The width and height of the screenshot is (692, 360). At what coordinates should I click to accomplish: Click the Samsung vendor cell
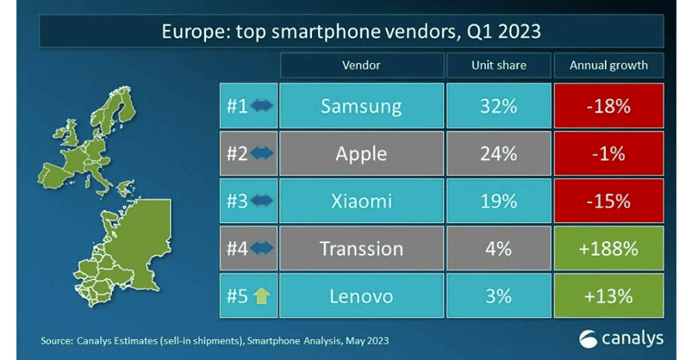tap(361, 108)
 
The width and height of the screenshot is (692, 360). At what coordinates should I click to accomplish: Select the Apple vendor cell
tap(361, 155)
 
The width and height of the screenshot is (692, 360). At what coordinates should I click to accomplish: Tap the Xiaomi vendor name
tap(361, 202)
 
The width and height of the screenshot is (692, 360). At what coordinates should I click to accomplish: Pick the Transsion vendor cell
tap(361, 249)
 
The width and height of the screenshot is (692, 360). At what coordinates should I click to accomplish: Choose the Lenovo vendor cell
tap(361, 296)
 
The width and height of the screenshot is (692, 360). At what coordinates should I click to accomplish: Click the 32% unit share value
tap(499, 108)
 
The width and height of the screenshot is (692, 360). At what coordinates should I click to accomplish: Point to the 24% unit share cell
tap(499, 155)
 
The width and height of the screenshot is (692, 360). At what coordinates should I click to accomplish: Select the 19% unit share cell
tap(499, 202)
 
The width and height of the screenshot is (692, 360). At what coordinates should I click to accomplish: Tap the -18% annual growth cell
tap(610, 108)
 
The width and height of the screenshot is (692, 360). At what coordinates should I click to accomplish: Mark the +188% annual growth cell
tap(610, 249)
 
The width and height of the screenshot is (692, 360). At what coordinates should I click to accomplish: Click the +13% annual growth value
tap(610, 296)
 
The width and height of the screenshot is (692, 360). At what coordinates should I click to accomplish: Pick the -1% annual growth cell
tap(610, 155)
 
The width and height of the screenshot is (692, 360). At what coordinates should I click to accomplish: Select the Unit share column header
tap(499, 65)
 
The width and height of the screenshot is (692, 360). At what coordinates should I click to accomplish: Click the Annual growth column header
tap(610, 65)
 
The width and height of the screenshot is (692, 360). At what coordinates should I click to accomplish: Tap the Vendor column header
tap(361, 65)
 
